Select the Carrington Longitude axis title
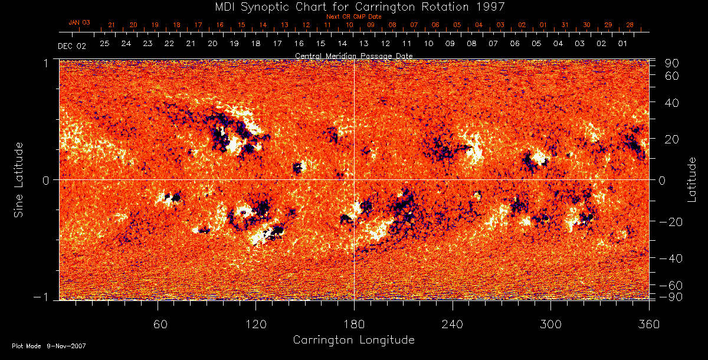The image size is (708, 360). pyautogui.click(x=353, y=340)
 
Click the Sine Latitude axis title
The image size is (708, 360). pyautogui.click(x=19, y=179)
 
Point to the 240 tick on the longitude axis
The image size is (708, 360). pyautogui.click(x=453, y=324)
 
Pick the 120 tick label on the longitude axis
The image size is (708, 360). pyautogui.click(x=256, y=324)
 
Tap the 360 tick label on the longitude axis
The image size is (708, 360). pyautogui.click(x=649, y=324)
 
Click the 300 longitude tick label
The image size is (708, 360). pyautogui.click(x=550, y=324)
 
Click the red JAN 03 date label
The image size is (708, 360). pyautogui.click(x=79, y=22)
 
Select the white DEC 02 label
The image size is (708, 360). pyautogui.click(x=72, y=45)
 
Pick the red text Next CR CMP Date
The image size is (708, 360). pyautogui.click(x=353, y=17)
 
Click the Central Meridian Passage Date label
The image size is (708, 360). pyautogui.click(x=353, y=55)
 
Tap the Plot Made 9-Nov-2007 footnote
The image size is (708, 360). pyautogui.click(x=49, y=346)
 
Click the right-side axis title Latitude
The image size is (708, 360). pyautogui.click(x=693, y=179)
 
